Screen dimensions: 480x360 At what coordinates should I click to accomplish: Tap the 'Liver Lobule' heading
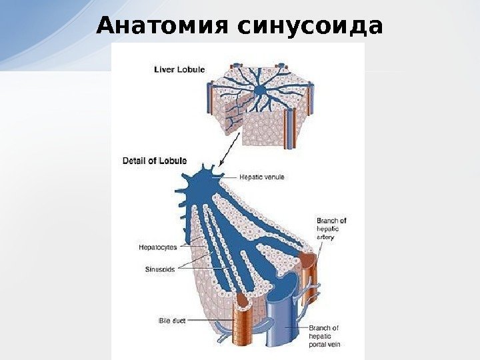point(179,69)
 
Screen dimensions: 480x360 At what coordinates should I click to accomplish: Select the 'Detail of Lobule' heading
point(155,161)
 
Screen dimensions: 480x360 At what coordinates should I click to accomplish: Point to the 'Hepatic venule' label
point(262,177)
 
